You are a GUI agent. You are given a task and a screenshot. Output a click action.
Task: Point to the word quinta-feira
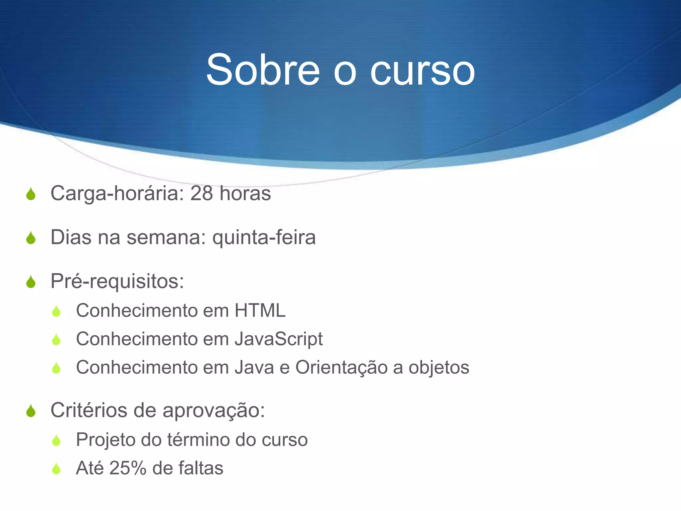264,238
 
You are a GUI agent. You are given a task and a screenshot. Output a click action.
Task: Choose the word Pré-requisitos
117,281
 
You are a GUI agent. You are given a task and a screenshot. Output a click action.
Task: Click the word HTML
260,310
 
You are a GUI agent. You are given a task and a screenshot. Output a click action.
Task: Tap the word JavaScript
279,339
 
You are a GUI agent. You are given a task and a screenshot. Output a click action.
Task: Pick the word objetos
439,368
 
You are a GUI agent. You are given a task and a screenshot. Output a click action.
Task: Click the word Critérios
89,410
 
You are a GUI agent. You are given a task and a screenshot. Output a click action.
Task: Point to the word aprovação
213,411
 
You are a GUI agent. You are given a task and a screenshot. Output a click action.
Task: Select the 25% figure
128,468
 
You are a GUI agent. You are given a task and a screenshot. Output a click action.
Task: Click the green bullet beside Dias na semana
31,238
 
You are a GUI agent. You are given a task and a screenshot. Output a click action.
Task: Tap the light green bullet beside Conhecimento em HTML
57,311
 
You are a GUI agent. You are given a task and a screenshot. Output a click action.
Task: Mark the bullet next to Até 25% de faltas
57,468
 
